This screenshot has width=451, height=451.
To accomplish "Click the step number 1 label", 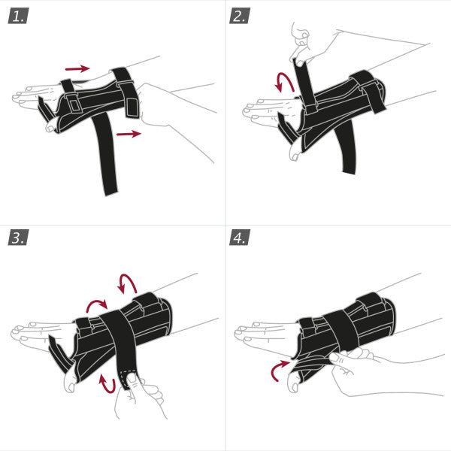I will coord(19,16).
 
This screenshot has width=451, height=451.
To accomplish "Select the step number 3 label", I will coord(19,238).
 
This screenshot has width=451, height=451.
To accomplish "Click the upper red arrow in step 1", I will coord(77,68).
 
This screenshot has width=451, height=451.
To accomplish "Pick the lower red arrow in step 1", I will coord(128,134).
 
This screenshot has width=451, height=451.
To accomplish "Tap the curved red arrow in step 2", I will coord(284,82).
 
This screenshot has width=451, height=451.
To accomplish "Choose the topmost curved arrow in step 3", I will coord(128,283).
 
